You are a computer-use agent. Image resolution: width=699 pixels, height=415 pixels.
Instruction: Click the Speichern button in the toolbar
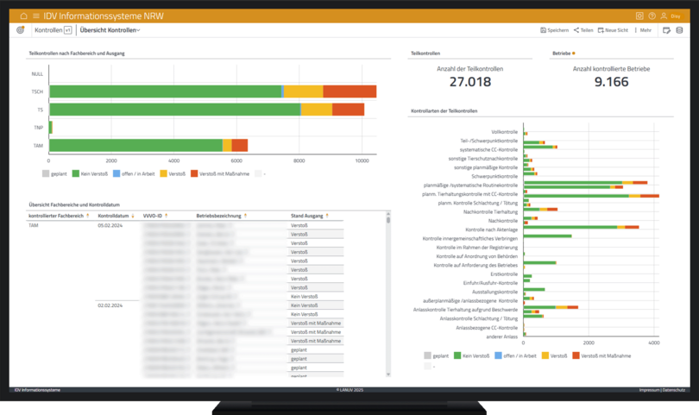click(x=554, y=30)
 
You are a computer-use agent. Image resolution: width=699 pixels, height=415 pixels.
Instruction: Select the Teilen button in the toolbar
click(x=583, y=30)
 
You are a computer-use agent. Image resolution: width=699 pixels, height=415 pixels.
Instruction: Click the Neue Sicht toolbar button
click(x=613, y=30)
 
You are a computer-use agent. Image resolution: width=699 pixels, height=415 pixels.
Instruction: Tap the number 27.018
click(x=470, y=82)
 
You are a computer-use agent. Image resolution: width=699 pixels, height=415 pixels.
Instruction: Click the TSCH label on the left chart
click(x=37, y=91)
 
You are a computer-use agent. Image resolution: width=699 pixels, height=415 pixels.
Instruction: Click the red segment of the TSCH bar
click(x=349, y=91)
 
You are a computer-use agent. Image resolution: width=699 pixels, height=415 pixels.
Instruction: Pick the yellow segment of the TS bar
click(x=316, y=110)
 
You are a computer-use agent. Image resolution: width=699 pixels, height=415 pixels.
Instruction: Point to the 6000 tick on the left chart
click(x=236, y=161)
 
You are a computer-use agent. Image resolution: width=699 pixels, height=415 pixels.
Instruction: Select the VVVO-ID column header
click(x=154, y=215)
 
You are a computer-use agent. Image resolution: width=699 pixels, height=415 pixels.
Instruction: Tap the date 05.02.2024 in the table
click(x=110, y=225)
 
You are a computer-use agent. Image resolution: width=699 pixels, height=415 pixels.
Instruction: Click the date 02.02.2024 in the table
click(x=110, y=305)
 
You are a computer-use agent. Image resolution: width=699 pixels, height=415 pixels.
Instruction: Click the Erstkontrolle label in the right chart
click(x=503, y=274)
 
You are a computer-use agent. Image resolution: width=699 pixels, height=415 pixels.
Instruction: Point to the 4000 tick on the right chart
click(x=653, y=343)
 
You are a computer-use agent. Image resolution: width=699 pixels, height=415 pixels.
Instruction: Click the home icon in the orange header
click(x=23, y=16)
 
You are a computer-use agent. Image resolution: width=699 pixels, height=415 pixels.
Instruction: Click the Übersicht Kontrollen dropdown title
click(x=109, y=30)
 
